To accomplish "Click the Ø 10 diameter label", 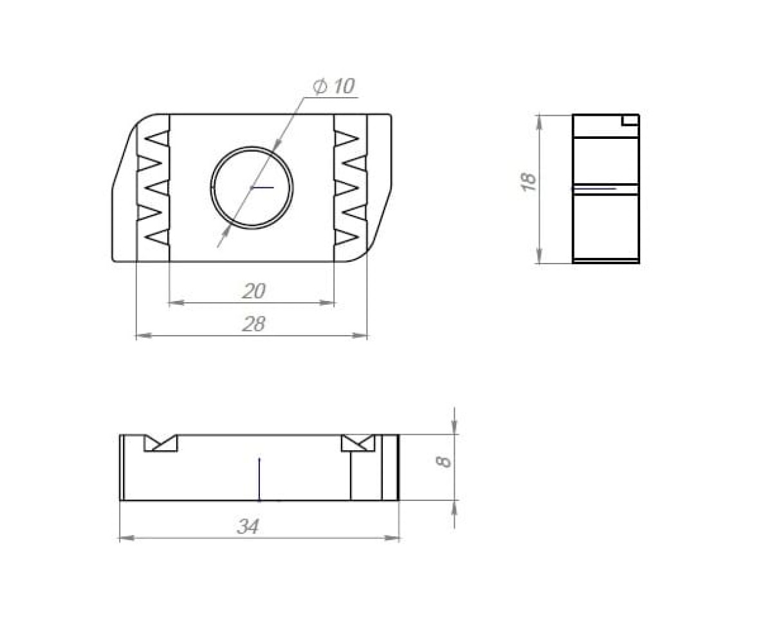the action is point(333,86).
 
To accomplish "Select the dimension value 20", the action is point(253,291).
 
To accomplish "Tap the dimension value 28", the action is point(253,323).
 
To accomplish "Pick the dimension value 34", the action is point(248,526).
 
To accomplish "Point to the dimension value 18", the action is point(528,181).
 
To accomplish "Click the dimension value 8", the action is point(444,462).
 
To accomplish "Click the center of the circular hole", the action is point(252,188).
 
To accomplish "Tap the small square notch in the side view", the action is point(630,120).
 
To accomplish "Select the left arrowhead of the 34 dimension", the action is point(127,538).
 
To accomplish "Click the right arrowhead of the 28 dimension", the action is point(360,336).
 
